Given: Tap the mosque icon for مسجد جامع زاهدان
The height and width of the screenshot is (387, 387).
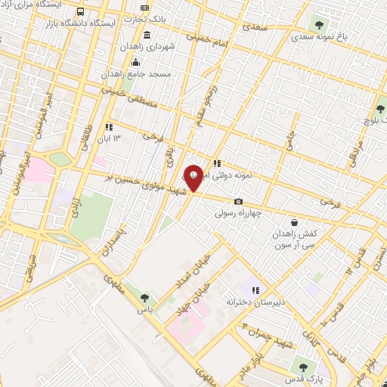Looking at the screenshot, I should point(136,62).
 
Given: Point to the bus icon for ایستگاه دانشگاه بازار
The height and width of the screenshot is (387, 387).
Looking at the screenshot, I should point(82,12).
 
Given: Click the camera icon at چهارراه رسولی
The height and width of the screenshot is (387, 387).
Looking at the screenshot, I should point(238,201).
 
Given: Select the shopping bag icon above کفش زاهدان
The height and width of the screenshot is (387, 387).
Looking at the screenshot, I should point(294,223).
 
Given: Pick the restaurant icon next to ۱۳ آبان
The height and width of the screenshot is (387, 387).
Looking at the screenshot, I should point(109,127).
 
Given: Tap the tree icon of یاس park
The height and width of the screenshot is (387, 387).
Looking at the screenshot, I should point(144,298).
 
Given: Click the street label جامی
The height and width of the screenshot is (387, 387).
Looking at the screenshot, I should point(290,142).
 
